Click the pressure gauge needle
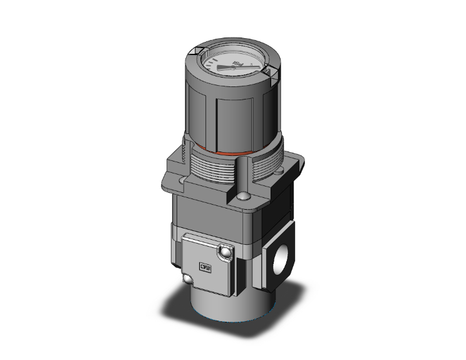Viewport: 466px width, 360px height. [x=241, y=67]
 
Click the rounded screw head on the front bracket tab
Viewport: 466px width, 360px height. [x=241, y=199]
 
